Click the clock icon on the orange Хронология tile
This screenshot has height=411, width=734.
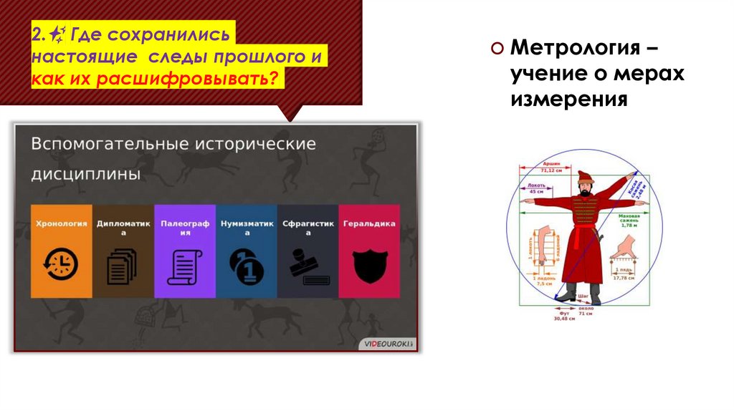pos(61,263)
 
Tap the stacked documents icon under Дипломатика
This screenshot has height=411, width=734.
pos(122,266)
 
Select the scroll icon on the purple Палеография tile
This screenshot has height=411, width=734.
pos(184,266)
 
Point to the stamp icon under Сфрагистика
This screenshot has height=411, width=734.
pos(308,266)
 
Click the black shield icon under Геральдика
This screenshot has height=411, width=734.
pos(369,265)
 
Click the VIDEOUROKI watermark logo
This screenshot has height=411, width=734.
pos(388,344)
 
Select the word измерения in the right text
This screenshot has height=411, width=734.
pos(569,98)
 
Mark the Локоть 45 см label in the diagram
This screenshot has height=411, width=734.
pos(536,188)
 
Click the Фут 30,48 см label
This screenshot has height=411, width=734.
pos(559,316)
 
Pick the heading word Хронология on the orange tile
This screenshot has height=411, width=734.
pos(61,223)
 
